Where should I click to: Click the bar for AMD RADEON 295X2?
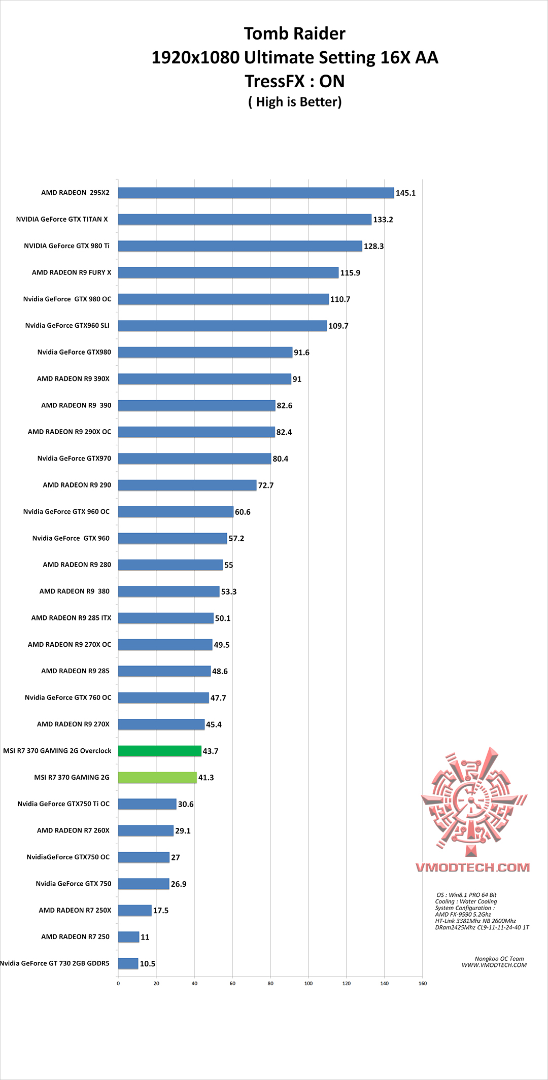pos(256,193)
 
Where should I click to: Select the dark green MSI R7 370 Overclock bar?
pos(160,751)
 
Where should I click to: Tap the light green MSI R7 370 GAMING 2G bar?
pos(157,777)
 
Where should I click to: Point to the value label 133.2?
pos(383,220)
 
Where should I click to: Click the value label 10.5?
pos(148,964)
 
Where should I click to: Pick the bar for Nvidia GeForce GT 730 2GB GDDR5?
pos(128,963)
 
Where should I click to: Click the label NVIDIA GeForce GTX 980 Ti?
pos(66,246)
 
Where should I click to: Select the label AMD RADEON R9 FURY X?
pos(72,272)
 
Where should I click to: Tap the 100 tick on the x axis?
pos(309,984)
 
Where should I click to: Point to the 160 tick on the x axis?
pos(423,984)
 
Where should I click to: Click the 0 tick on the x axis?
pos(118,984)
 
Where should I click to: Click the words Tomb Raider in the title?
pos(294,33)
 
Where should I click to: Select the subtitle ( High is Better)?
pos(295,102)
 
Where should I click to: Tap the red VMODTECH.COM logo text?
pos(473,867)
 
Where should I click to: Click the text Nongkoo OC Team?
pos(499,959)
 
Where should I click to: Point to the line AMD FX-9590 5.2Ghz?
pos(463,915)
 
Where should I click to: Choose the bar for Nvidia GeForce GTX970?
pos(194,459)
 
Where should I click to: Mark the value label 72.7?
pos(266,485)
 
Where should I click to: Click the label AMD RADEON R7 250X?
pos(75,910)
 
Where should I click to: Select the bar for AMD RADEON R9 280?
pos(170,565)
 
